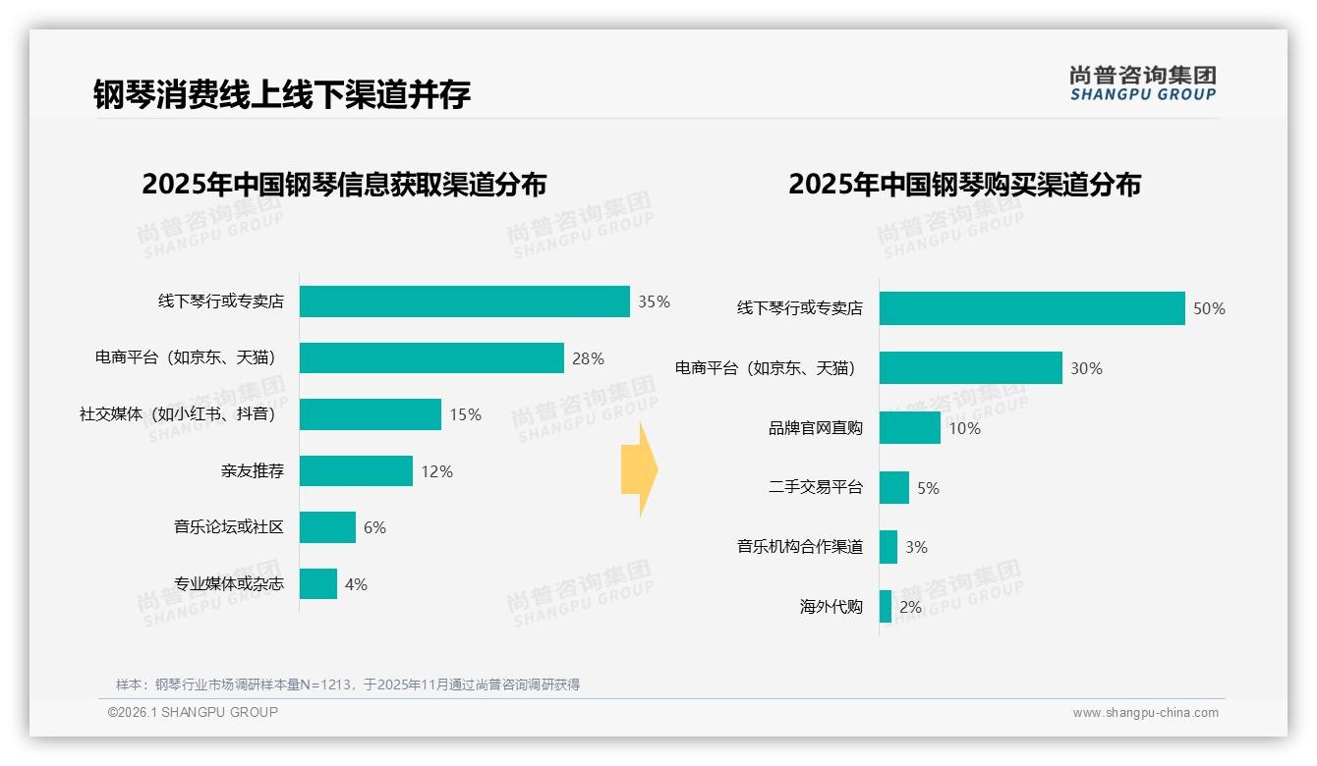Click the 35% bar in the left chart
tap(464, 301)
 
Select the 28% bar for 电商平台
tap(431, 358)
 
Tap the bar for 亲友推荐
tap(356, 471)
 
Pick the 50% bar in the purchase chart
tap(1032, 308)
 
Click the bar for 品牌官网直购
tap(910, 428)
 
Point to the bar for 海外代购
tap(886, 607)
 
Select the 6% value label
tap(374, 527)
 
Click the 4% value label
tap(356, 584)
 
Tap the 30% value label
tap(1086, 368)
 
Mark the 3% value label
tap(916, 547)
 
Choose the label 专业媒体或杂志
tap(229, 584)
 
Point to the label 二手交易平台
tap(815, 487)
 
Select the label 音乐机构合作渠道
tap(800, 547)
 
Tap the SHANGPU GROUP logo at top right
tap(1142, 83)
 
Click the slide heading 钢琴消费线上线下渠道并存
tap(282, 94)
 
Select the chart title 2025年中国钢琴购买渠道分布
tap(964, 185)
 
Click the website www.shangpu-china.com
tap(1145, 713)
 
